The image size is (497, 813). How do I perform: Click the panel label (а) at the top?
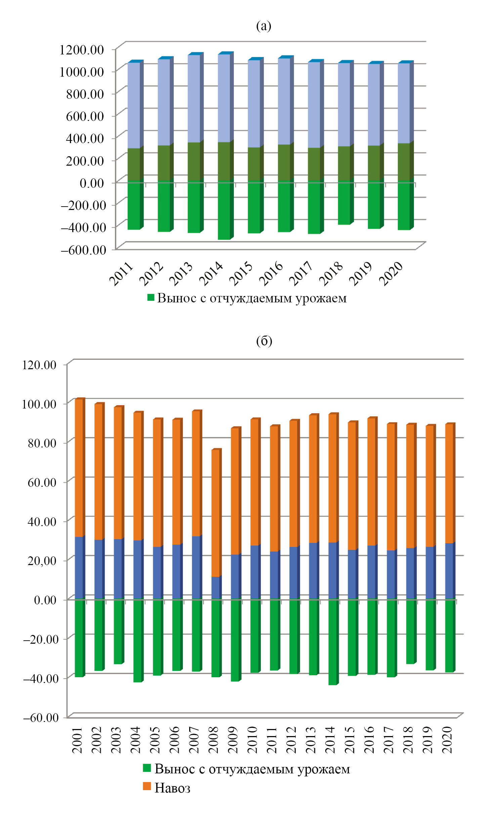(263, 26)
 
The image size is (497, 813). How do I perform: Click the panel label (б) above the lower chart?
(264, 341)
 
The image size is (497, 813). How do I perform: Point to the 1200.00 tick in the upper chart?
(82, 50)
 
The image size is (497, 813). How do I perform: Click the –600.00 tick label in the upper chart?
(83, 250)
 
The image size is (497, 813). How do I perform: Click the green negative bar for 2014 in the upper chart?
(224, 210)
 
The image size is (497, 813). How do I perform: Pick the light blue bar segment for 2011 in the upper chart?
(134, 105)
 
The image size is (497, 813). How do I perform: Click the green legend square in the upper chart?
(151, 297)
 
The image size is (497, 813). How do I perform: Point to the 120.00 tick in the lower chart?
(39, 365)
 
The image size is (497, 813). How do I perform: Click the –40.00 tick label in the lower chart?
(41, 678)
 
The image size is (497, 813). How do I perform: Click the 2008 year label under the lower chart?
(213, 739)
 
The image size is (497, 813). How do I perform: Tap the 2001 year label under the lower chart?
(77, 739)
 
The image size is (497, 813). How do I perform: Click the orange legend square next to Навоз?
(147, 786)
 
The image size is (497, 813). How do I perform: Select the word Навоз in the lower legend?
(172, 788)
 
